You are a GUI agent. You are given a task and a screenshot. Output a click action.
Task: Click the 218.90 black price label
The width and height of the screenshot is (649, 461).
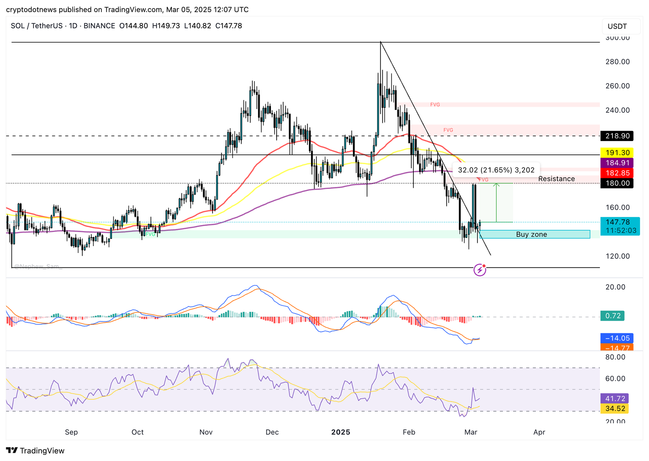point(617,136)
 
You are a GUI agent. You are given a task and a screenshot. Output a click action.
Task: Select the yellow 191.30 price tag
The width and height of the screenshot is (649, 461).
point(617,153)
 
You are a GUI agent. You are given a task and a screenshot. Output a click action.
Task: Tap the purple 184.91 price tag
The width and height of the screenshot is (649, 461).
point(617,163)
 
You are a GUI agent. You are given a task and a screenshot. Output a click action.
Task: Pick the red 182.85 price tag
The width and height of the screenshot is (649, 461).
point(617,173)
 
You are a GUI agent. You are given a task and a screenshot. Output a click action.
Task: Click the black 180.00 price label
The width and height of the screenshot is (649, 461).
point(617,183)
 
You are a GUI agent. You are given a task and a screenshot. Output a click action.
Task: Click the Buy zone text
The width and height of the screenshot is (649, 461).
point(531,234)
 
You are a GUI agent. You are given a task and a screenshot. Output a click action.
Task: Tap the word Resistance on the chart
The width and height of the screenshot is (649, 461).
point(556,179)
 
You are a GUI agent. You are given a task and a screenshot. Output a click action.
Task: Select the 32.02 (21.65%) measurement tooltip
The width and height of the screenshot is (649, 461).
point(496,170)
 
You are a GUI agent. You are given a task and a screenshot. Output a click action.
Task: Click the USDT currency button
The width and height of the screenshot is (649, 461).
point(617,26)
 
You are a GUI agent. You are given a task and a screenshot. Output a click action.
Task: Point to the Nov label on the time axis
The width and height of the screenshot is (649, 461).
point(206,432)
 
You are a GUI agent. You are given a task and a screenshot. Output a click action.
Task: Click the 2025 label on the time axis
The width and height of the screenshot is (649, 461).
point(340,432)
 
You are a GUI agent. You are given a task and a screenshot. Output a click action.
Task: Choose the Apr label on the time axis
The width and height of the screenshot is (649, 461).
point(539,432)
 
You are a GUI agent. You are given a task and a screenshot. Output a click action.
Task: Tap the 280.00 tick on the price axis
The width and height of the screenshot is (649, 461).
point(617,62)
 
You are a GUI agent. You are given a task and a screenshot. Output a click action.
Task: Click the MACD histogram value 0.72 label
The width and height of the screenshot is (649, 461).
point(612,316)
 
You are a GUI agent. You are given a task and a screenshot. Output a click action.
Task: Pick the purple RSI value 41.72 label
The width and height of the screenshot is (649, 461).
point(615,399)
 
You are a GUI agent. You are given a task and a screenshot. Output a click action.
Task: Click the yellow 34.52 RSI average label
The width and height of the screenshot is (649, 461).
point(615,409)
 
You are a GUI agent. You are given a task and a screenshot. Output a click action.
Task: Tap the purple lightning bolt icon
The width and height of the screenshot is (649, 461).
point(480,270)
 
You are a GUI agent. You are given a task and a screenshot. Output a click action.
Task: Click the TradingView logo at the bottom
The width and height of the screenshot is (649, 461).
point(35,451)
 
